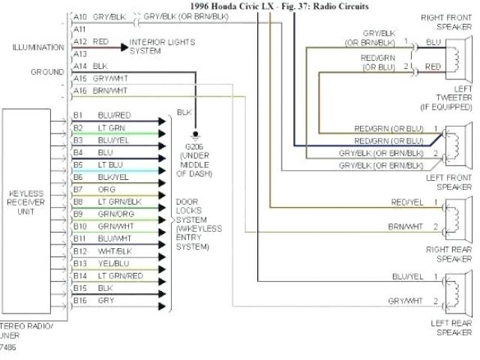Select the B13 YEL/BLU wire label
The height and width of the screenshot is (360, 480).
(x=112, y=263)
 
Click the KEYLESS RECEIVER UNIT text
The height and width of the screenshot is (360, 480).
(x=26, y=203)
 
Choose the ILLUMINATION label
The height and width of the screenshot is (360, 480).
(x=37, y=47)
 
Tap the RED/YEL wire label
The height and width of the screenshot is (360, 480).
(x=405, y=202)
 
